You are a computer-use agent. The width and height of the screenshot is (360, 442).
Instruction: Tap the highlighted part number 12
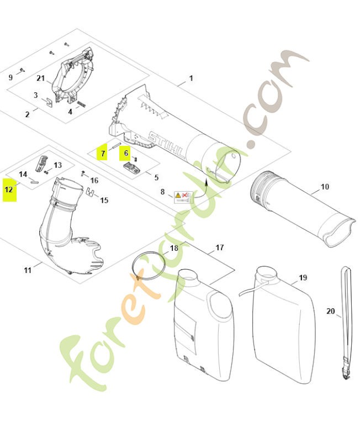pyautogui.click(x=9, y=189)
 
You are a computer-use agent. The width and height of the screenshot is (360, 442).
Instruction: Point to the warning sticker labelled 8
pyautogui.click(x=183, y=196)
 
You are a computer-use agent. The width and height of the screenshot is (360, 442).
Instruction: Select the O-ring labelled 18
pyautogui.click(x=149, y=268)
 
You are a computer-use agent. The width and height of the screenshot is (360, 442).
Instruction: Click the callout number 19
pyautogui.click(x=303, y=278)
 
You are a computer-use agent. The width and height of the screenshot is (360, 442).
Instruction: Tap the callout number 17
pyautogui.click(x=219, y=248)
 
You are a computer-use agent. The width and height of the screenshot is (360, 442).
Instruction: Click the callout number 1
pyautogui.click(x=191, y=78)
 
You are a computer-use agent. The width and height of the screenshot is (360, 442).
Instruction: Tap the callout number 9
pyautogui.click(x=10, y=77)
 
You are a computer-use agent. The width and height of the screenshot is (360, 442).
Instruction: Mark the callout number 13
pyautogui.click(x=57, y=165)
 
